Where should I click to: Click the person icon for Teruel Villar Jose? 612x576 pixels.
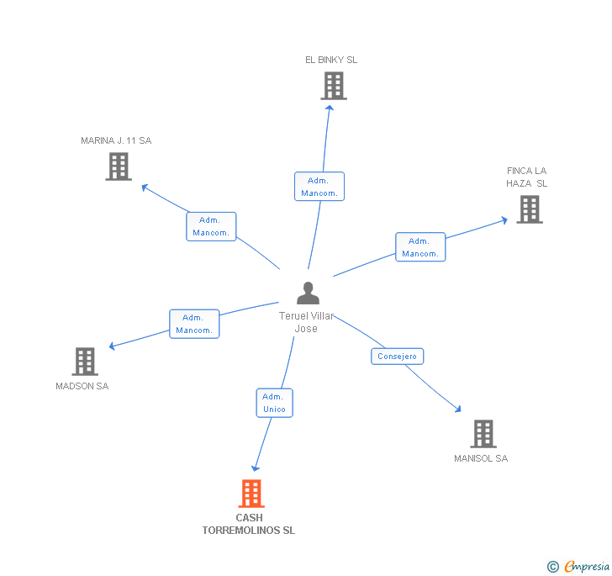308,293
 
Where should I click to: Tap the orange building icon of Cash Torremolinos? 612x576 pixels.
251,494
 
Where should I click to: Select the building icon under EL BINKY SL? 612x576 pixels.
334,86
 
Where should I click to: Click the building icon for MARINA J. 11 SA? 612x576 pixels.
119,166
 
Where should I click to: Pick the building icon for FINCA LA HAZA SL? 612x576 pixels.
530,209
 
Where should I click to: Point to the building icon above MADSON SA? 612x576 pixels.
85,362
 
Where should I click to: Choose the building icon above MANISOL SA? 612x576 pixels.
483,434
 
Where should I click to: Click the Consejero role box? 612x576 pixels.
397,357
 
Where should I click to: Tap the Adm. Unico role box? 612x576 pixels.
274,403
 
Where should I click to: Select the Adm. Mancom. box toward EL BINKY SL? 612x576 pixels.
319,187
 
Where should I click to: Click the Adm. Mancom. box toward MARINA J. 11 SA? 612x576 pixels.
211,226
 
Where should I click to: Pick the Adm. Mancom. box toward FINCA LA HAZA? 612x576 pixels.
420,247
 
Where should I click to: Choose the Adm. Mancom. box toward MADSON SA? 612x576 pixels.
194,324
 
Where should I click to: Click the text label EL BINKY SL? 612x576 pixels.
331,60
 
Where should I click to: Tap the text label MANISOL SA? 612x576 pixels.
481,458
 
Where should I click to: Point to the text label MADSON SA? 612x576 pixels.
82,386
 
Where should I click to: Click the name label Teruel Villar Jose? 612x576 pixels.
306,322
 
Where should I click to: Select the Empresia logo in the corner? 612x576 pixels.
578,566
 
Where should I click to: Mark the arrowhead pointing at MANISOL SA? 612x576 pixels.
458,410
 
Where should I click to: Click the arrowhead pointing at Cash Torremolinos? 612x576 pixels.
256,468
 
